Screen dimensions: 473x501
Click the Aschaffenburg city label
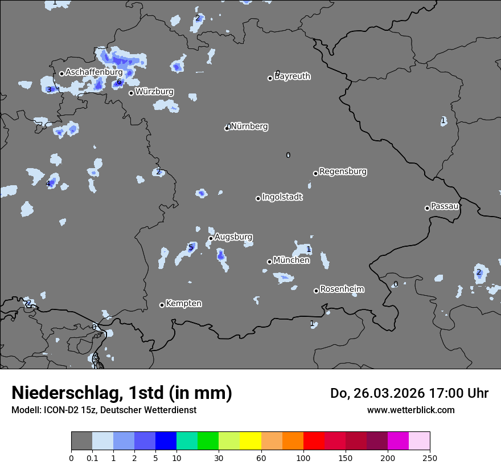(x=94, y=72)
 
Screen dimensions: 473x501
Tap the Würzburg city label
(x=154, y=91)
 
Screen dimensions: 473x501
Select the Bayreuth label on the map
(x=293, y=76)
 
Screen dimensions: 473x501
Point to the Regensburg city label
(x=343, y=172)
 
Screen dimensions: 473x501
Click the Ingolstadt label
(x=282, y=197)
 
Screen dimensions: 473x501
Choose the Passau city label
(x=445, y=206)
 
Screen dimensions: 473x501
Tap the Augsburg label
(x=233, y=237)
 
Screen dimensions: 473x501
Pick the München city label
(x=291, y=260)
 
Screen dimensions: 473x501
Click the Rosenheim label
(x=342, y=289)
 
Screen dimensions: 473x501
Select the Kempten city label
(x=183, y=304)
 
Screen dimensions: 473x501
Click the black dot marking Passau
(x=427, y=208)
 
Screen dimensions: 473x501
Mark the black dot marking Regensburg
(x=315, y=173)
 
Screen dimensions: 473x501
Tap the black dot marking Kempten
(x=162, y=305)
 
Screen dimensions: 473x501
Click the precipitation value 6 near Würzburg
(x=119, y=82)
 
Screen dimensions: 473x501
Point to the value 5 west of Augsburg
(x=191, y=247)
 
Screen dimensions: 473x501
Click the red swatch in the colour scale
(x=314, y=441)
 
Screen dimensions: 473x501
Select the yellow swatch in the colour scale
(x=250, y=441)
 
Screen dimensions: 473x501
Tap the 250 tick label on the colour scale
(x=430, y=458)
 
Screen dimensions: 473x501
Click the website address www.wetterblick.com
(x=410, y=410)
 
